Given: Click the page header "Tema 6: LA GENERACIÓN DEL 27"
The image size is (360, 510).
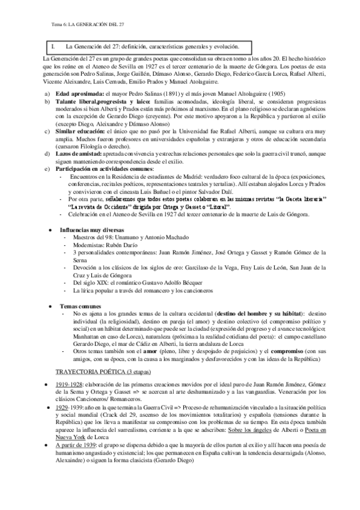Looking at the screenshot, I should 83,24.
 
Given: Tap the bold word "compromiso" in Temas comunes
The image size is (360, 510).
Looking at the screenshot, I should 285,351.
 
